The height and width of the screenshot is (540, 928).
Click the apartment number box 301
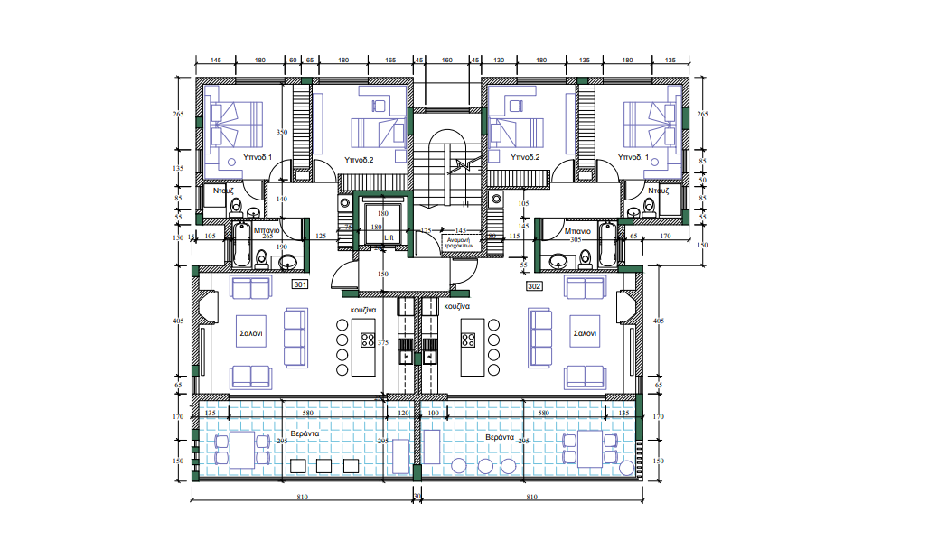(x=301, y=284)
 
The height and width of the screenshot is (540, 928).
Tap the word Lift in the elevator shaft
(x=389, y=237)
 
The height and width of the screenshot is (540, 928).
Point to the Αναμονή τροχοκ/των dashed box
(x=459, y=241)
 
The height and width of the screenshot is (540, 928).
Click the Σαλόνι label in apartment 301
(x=250, y=333)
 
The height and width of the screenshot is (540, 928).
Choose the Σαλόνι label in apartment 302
(x=585, y=333)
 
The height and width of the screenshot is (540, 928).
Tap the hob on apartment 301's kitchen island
(x=369, y=340)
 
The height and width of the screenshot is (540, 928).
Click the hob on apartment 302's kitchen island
(x=468, y=340)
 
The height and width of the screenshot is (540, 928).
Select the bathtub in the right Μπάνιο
(x=608, y=249)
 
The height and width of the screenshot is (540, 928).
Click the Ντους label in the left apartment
(x=224, y=191)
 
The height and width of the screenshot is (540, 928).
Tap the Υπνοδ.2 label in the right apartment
(x=525, y=157)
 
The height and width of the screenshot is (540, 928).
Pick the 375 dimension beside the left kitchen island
(x=383, y=342)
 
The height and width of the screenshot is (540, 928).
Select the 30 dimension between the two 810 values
(x=417, y=497)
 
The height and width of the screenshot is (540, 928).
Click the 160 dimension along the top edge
(x=446, y=60)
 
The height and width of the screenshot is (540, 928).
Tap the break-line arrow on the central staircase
(x=465, y=164)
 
